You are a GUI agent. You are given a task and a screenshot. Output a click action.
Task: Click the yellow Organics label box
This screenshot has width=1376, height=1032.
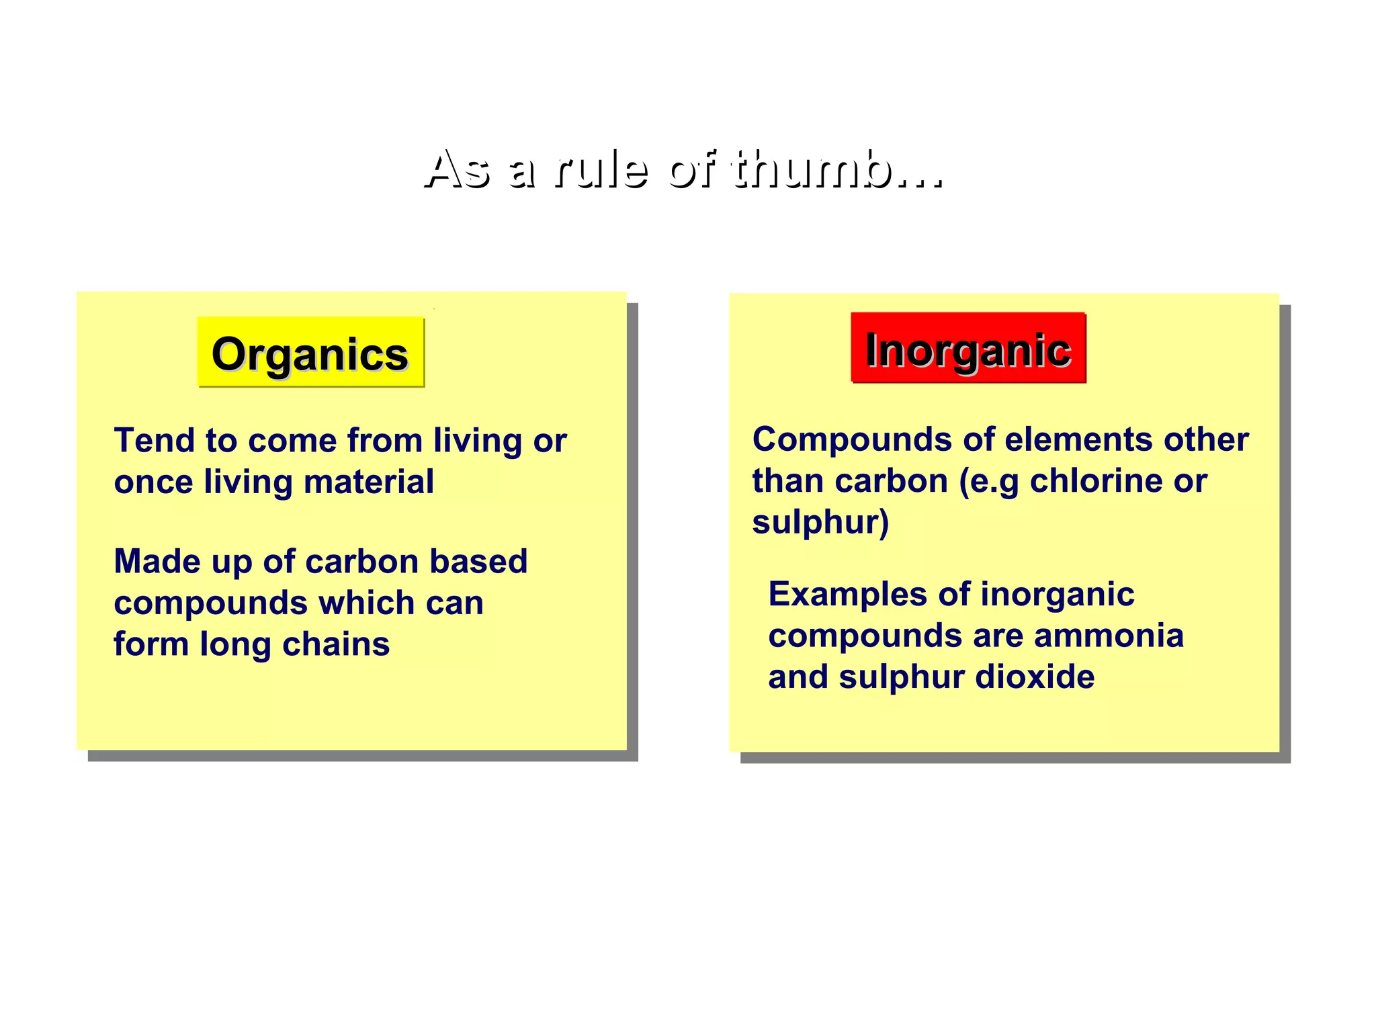pyautogui.click(x=310, y=353)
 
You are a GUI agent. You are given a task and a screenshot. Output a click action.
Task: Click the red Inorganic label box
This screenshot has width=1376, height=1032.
pyautogui.click(x=968, y=349)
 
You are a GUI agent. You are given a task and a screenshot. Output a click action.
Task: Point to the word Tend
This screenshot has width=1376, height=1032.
pyautogui.click(x=154, y=441)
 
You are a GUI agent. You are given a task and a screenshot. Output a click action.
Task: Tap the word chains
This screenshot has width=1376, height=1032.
pyautogui.click(x=336, y=644)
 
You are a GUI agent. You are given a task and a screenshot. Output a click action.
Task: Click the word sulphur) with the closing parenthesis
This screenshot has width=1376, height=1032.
pyautogui.click(x=820, y=523)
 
